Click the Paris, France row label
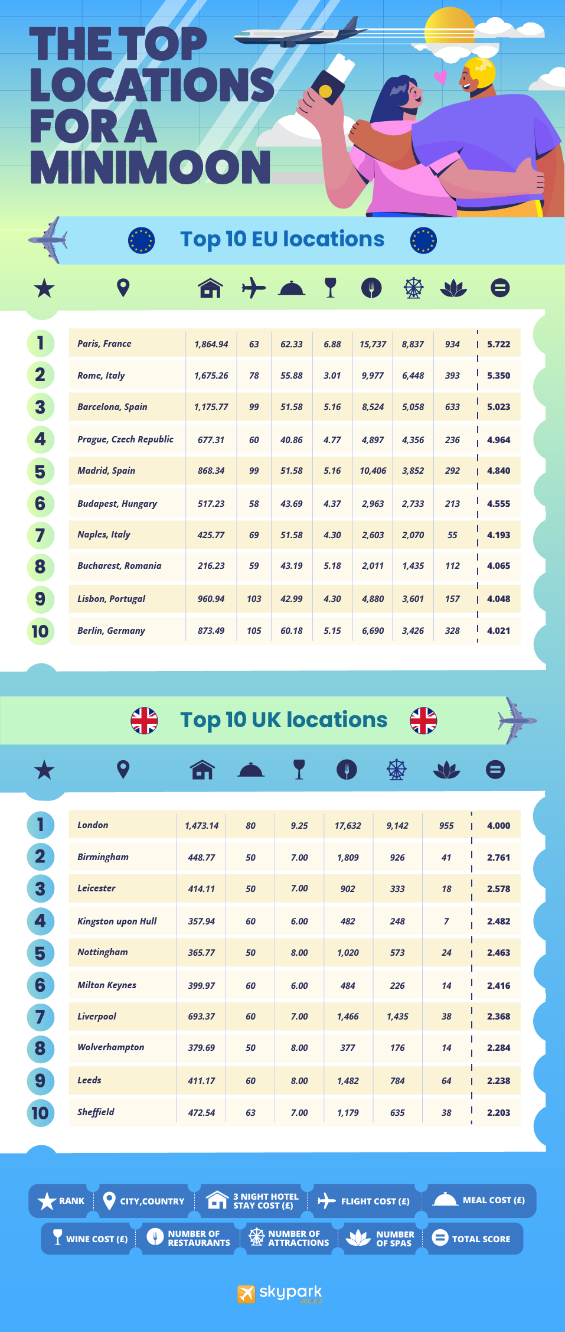point(104,344)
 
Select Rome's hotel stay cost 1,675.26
point(211,376)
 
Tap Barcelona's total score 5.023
point(498,407)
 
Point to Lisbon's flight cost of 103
point(254,599)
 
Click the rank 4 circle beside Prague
point(40,439)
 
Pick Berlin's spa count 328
point(452,631)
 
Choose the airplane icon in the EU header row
point(253,288)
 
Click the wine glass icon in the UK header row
point(299,770)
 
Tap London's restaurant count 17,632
point(348,826)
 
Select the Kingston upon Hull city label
point(117,921)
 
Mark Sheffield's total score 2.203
point(498,1113)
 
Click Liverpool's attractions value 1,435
point(397,1017)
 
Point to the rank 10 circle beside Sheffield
point(40,1113)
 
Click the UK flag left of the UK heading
point(144,721)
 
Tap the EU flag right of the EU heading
point(423,240)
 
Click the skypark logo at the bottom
point(280,1293)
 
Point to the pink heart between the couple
point(440,77)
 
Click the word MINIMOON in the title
point(151,167)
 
